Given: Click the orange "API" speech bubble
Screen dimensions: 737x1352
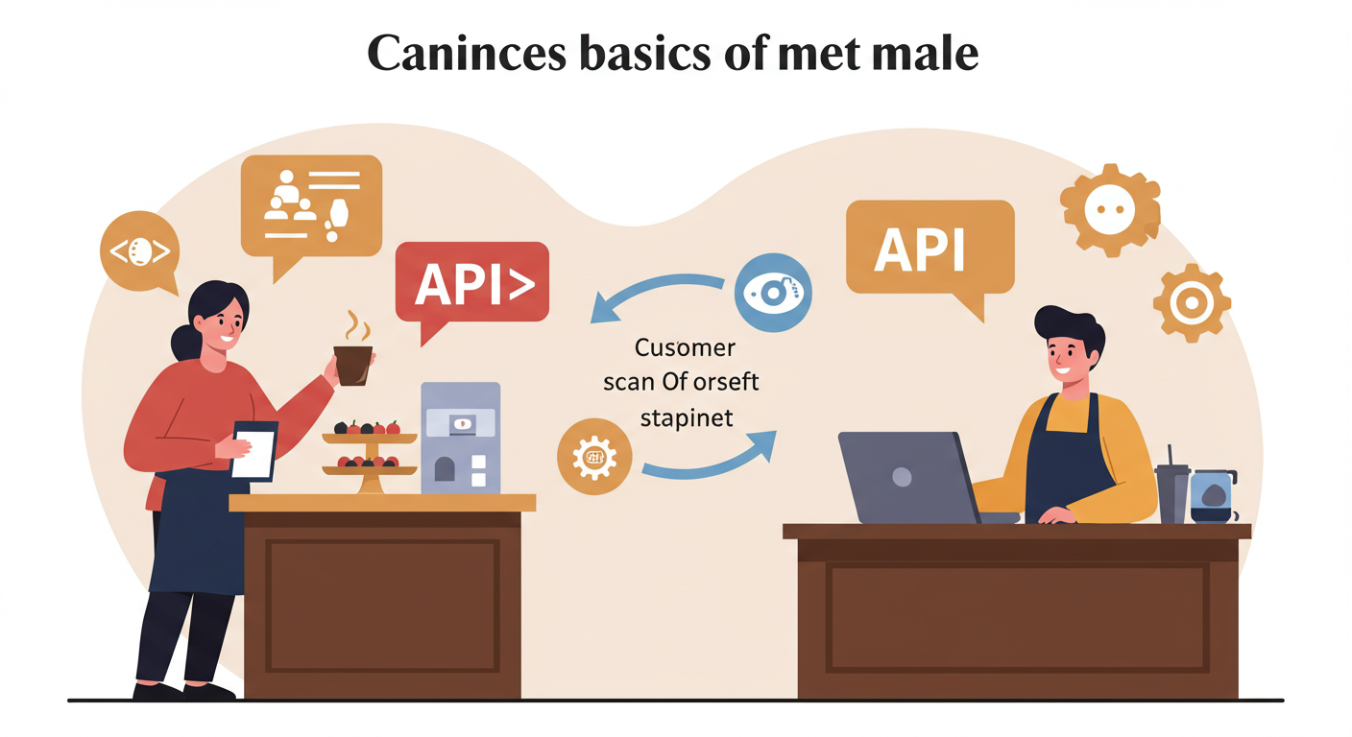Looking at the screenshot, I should point(929,250).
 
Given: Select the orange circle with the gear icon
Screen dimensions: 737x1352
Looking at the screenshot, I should point(594,458).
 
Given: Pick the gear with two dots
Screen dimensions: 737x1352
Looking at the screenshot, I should point(1110,210).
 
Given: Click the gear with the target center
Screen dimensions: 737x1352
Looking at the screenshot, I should point(1192,303).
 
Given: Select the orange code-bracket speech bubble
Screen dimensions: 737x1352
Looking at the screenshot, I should point(140,251).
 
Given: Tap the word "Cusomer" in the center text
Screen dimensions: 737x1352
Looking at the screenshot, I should point(685,346).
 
